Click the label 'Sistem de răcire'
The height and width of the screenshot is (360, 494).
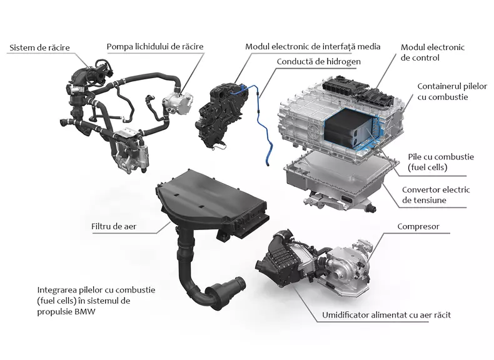pos(39,47)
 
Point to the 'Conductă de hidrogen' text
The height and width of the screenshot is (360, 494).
pos(318,61)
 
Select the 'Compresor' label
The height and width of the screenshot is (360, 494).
pos(418,226)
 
